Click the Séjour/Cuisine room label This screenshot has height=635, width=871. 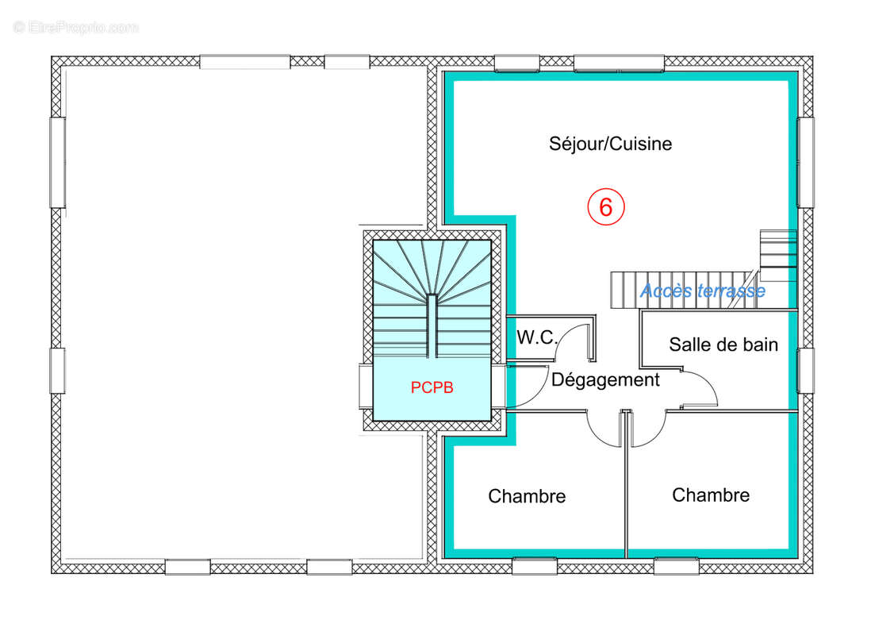[610, 144]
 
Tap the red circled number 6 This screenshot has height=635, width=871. [606, 207]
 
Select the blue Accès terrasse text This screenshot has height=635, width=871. [702, 291]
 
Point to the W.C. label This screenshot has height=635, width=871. [537, 337]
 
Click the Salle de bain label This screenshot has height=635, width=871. [723, 344]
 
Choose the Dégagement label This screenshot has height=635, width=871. [605, 380]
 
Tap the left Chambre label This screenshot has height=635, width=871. [527, 497]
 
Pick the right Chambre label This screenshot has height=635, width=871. [711, 495]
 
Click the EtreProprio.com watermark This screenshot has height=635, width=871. [75, 28]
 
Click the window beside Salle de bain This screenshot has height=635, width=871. [805, 371]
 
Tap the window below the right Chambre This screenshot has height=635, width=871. [676, 567]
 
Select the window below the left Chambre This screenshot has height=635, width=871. [534, 567]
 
